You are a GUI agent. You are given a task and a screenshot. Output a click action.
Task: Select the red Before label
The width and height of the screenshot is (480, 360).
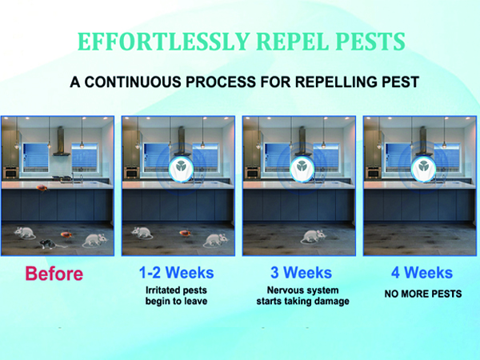point(54,274)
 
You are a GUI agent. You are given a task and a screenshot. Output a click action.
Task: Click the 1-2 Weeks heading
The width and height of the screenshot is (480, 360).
point(176,273)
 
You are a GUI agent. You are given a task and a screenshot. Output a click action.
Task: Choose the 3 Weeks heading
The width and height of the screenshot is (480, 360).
point(297,273)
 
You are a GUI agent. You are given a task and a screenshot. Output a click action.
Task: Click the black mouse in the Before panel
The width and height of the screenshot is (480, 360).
point(47,242)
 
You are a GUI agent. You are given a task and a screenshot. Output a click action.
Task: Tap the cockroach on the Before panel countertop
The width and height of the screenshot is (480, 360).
point(39,189)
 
